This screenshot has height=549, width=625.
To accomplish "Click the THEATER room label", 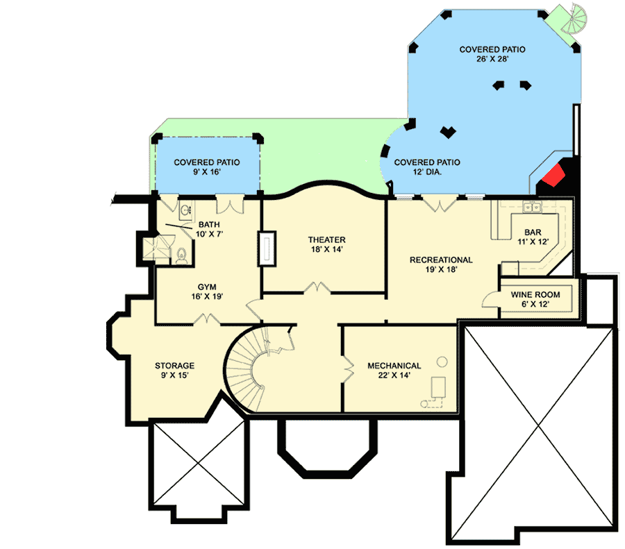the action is click(326, 240).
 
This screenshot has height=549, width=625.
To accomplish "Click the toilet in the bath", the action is click(181, 255).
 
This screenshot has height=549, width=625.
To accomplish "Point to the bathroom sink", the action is click(185, 210).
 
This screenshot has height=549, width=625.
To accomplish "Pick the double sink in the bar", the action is click(532, 207).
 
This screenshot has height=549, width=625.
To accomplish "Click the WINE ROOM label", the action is click(535, 295).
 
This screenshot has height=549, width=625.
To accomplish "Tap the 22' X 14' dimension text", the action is click(394, 375).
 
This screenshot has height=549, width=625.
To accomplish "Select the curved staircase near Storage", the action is click(252, 367).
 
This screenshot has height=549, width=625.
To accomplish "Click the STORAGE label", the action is click(174, 366).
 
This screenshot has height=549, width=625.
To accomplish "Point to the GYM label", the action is click(207, 287).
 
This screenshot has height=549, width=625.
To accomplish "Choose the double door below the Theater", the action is click(317, 287).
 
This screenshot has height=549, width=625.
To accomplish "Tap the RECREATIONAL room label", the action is click(441, 260).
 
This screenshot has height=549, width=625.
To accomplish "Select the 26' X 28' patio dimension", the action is click(492, 59).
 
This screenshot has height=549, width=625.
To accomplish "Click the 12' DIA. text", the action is click(427, 172).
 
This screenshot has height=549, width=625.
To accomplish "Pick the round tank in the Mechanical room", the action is click(442, 362).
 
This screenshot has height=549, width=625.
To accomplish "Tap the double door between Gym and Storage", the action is click(207, 319).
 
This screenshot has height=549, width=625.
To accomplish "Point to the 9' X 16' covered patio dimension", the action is click(207, 172).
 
